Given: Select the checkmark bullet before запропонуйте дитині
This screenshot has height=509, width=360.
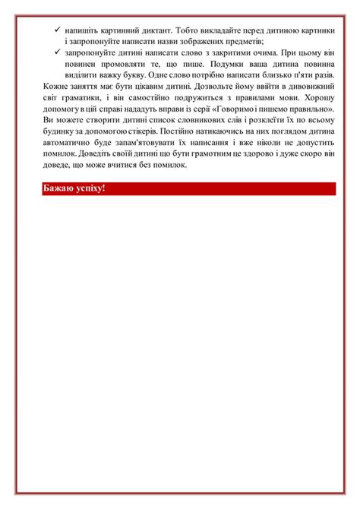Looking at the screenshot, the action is pos(58,53).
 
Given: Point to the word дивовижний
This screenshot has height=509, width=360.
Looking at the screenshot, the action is pos(309,88).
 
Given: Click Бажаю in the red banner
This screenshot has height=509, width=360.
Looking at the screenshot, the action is pos(59,188).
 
